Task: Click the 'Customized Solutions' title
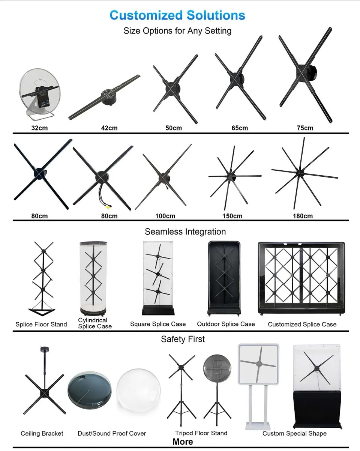click(177, 15)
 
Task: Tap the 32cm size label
click(39, 128)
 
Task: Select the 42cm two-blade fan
click(105, 97)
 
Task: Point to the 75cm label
click(305, 128)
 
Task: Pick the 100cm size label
click(165, 216)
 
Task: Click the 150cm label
click(232, 216)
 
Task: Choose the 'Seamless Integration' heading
click(185, 232)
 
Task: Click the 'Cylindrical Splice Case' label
click(95, 323)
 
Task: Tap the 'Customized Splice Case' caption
click(302, 324)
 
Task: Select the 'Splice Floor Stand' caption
click(41, 324)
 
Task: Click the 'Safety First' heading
click(183, 339)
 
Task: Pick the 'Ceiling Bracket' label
click(42, 433)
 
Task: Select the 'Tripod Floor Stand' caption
click(201, 433)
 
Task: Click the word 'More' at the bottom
click(183, 442)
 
